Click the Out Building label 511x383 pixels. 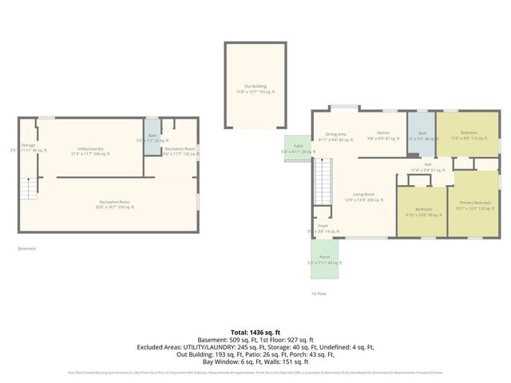pos(255,89)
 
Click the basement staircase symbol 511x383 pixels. pos(30,189)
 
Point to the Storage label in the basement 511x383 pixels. pos(29,148)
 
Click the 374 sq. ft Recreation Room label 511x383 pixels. pos(116,204)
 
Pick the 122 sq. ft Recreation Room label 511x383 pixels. pos(180,152)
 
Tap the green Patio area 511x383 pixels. pos(297,148)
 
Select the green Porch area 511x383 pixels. pos(324,259)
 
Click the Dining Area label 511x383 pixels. pos(335,136)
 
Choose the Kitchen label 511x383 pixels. pos(383,135)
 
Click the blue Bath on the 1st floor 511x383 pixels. pos(422,136)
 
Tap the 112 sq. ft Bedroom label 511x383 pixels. pos(468,135)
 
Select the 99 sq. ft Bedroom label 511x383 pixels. pos(422,211)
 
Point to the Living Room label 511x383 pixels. pos(364,197)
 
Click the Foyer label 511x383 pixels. pos(323,228)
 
